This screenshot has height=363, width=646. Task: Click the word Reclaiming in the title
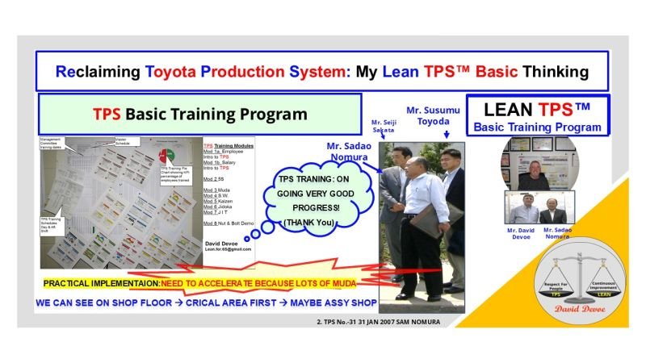click(x=95, y=71)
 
